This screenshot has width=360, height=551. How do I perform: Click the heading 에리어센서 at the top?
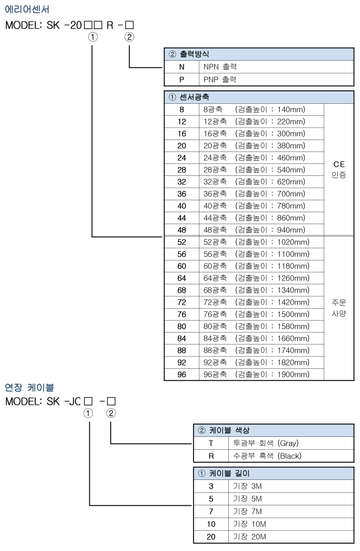point(27,9)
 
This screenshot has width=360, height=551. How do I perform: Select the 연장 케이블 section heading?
point(30,388)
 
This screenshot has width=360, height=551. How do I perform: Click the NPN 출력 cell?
point(220,67)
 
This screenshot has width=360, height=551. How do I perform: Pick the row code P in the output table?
point(182,80)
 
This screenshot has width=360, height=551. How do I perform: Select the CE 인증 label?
point(339,169)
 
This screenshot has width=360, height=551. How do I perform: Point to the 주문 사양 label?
point(339,308)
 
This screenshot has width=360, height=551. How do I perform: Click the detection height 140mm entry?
point(270,109)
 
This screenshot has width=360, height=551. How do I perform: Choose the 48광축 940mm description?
point(254,230)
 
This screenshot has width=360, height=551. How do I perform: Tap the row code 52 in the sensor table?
point(182,242)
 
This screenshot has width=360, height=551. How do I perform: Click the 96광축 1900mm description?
point(256,375)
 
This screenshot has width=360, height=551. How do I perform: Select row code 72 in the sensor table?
point(182,302)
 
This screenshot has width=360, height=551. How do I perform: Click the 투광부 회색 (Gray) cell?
point(266,443)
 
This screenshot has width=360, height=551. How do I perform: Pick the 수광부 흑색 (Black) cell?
point(267,456)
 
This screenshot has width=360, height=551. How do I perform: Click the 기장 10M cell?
point(250,524)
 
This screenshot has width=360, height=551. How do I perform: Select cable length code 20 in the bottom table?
point(211,536)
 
